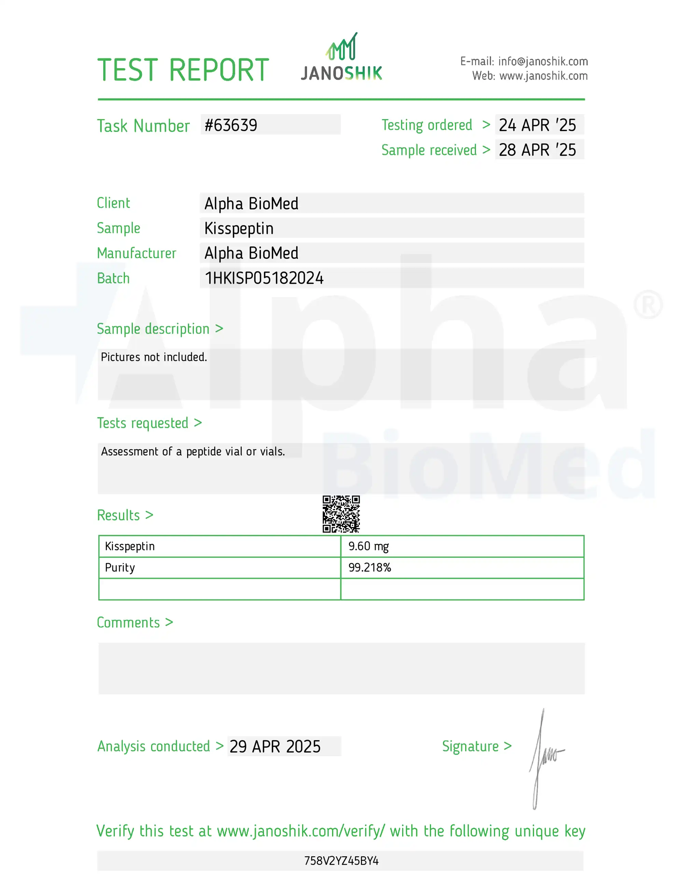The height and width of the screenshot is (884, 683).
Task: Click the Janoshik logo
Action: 341,57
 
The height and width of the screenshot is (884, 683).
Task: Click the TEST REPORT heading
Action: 183,70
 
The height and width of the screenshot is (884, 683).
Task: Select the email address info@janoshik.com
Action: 543,61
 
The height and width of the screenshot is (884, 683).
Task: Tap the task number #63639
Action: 231,125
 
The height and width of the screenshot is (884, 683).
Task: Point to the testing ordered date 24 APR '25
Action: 537,125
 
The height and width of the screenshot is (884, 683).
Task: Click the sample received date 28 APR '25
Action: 537,150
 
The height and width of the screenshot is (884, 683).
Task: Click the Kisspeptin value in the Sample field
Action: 239,229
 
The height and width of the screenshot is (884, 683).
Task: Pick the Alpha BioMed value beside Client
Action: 251,204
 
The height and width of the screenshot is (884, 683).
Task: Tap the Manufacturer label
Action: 137,253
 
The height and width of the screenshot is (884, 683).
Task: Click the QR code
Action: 341,514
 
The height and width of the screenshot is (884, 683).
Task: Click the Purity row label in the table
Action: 120,567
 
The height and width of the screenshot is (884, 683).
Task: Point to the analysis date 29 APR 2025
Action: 275,746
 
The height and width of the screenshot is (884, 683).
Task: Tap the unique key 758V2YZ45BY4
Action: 341,861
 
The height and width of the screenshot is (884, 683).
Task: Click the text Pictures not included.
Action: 154,357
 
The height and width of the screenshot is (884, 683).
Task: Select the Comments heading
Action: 128,622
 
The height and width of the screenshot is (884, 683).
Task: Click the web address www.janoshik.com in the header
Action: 543,76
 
